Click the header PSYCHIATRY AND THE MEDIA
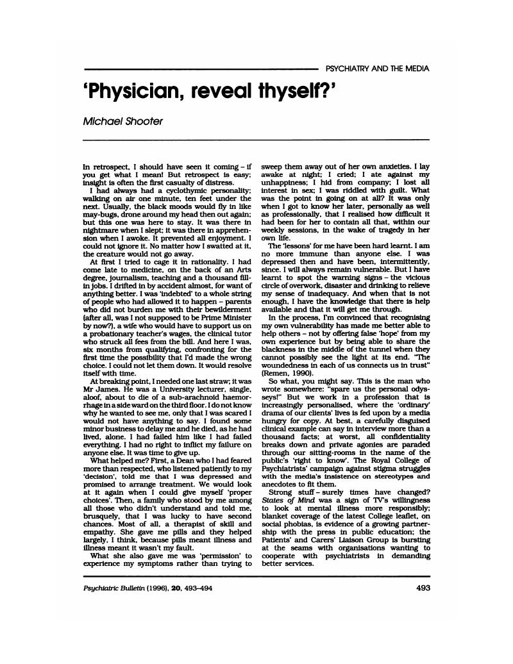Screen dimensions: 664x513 click(378, 69)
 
